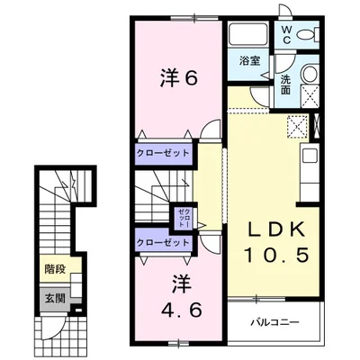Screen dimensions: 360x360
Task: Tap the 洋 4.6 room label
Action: click(177, 296)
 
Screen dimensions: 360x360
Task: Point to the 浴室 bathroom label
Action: click(249, 61)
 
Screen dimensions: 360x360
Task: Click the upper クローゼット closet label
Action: click(163, 153)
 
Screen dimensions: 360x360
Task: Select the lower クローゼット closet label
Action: click(163, 242)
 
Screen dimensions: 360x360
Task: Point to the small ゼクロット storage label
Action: click(180, 216)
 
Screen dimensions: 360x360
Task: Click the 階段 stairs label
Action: click(53, 267)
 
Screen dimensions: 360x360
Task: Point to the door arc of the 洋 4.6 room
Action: click(209, 241)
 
